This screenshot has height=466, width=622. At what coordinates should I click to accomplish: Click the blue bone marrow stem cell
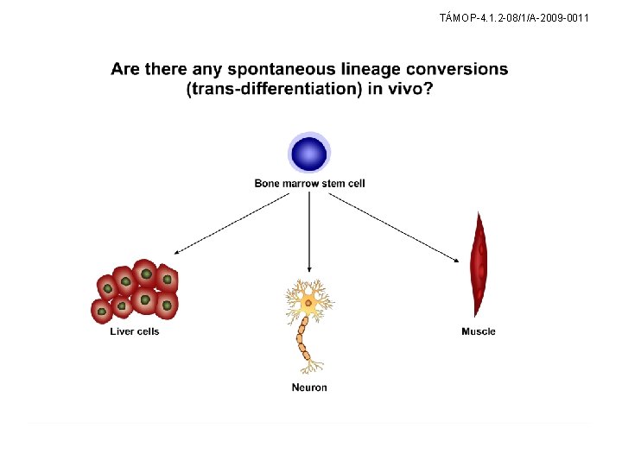click(309, 154)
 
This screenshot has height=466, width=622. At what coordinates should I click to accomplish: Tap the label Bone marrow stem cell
click(309, 183)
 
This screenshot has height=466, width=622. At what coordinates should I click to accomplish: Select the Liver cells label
click(135, 331)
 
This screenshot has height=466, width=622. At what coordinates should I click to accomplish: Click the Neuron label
click(309, 387)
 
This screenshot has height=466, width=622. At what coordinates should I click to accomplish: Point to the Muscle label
click(479, 331)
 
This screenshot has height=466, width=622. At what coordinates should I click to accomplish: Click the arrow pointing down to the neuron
click(309, 233)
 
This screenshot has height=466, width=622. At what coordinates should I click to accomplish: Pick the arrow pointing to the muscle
click(393, 225)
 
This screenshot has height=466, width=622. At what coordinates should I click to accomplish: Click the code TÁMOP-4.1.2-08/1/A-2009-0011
click(514, 16)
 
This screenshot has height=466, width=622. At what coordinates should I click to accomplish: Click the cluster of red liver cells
click(136, 291)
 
